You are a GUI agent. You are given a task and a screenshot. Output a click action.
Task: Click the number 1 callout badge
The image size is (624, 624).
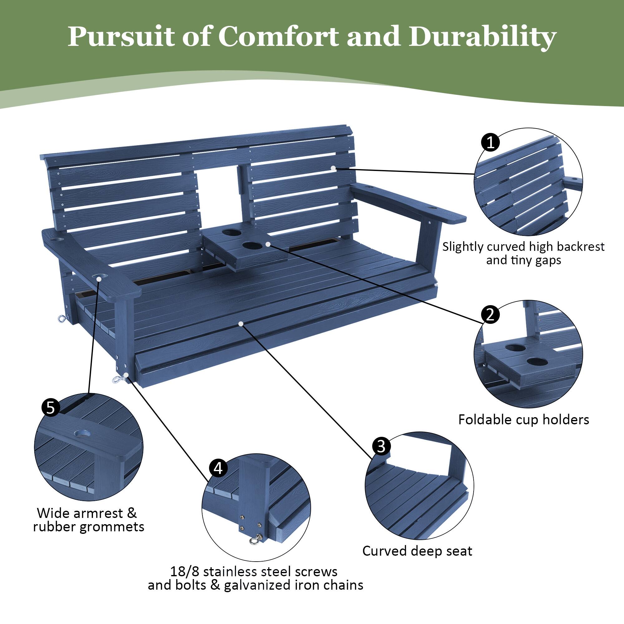(490, 142)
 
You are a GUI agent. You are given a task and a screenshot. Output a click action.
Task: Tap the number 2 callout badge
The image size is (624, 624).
(490, 314)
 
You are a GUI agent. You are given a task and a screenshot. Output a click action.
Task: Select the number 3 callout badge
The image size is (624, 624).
(382, 446)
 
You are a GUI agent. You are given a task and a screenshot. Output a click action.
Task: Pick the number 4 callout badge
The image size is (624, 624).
(218, 468)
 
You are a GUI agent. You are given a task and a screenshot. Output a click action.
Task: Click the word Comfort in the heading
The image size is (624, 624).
(278, 37)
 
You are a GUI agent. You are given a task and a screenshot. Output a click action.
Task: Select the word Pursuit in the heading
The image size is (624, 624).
(121, 37)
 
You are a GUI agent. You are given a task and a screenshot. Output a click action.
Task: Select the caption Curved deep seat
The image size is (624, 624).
(417, 551)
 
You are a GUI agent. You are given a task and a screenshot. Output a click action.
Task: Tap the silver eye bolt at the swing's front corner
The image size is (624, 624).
(115, 379)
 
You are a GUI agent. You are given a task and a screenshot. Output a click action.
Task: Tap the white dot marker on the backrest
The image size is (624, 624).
(333, 168)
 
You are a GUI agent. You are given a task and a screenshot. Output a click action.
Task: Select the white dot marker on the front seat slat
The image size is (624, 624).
(241, 323)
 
